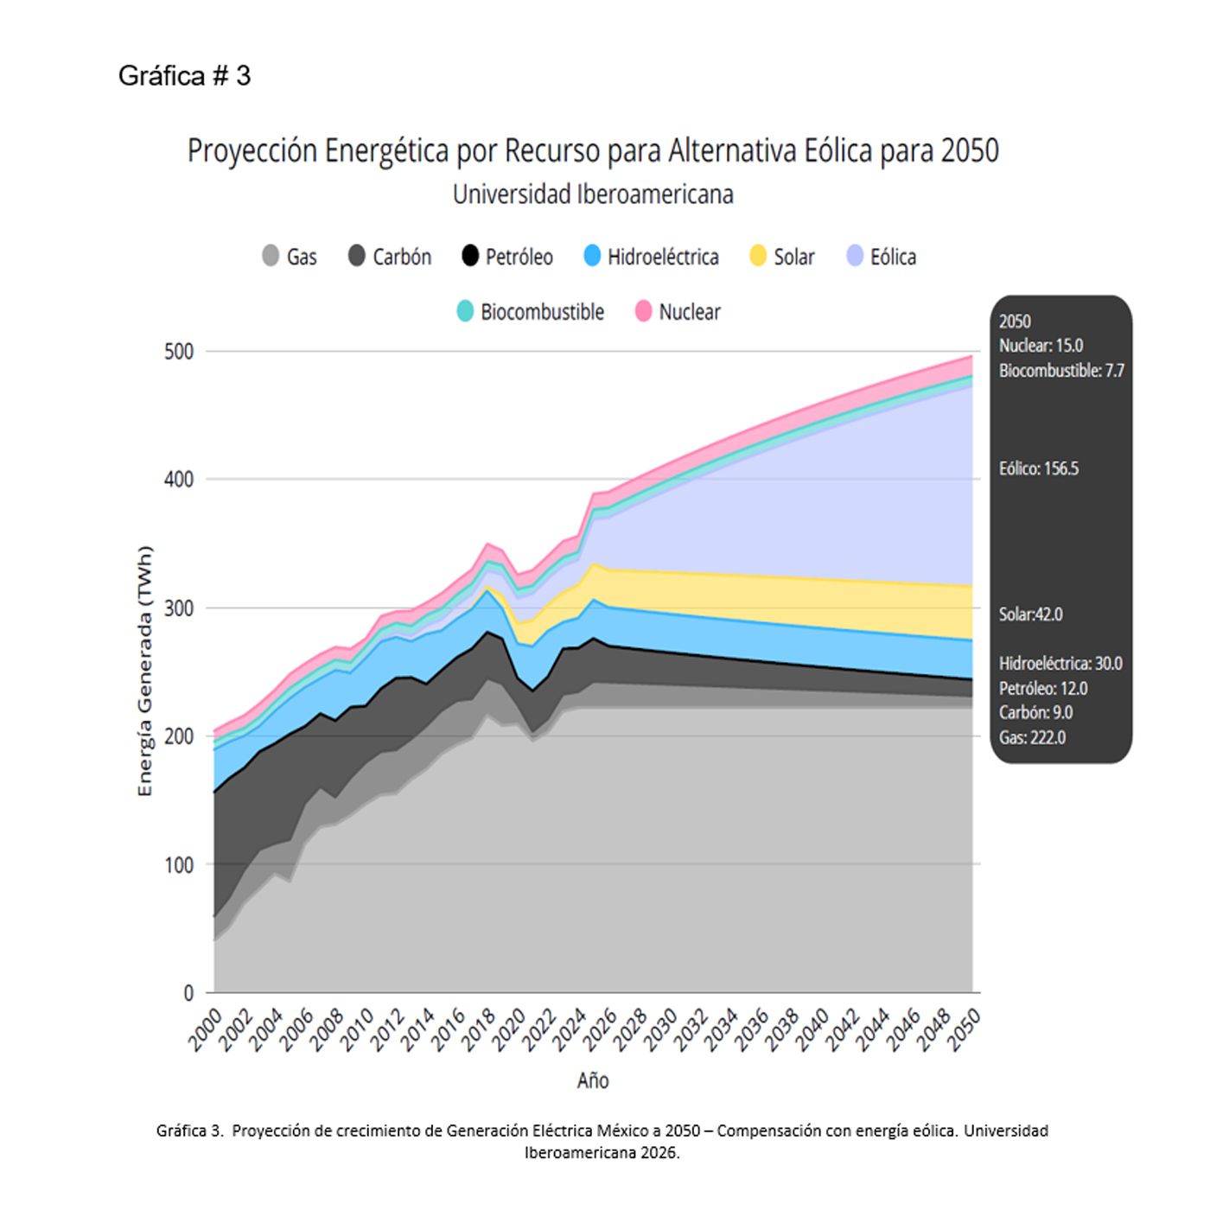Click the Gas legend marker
271,256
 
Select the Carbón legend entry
390,257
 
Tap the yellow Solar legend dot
758,256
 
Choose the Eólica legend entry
882,257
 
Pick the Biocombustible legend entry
531,311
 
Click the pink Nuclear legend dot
643,311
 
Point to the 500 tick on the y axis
179,352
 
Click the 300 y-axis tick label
179,608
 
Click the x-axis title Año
593,1080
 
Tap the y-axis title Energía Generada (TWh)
145,671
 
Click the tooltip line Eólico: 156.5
1039,468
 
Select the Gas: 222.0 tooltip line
1032,737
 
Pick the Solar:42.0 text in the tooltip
1030,615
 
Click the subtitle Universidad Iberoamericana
593,194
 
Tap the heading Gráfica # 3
184,76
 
